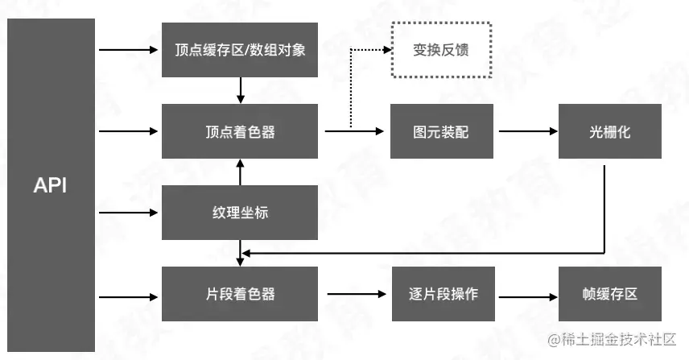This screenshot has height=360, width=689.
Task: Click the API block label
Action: point(50,186)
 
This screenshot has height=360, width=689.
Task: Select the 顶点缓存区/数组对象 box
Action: point(240,49)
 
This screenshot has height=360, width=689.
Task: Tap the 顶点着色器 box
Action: point(240,131)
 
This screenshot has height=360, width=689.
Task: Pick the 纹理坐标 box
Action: point(240,213)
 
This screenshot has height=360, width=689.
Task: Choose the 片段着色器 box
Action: point(240,294)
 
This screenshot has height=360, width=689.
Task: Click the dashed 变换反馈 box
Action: point(440,50)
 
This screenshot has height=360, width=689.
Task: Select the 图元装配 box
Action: point(440,131)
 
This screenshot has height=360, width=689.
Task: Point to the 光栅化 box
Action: point(609,131)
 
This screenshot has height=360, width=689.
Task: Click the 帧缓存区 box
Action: point(609,294)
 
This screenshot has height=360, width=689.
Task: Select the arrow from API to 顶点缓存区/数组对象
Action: point(129,50)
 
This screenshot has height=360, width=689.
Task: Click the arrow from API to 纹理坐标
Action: point(129,213)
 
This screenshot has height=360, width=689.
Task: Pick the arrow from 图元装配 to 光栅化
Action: point(527,131)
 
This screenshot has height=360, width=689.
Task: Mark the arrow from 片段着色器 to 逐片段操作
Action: point(358,294)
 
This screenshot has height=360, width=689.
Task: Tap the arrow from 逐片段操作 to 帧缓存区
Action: point(527,294)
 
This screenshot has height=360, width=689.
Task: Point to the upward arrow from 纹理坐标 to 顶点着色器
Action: point(240,172)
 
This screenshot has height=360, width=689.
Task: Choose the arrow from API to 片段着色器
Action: point(129,294)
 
